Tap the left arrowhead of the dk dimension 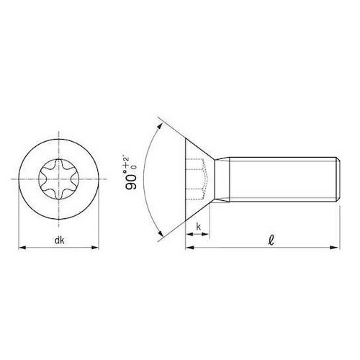pos(21,248)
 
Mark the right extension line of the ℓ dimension pos(340,223)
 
